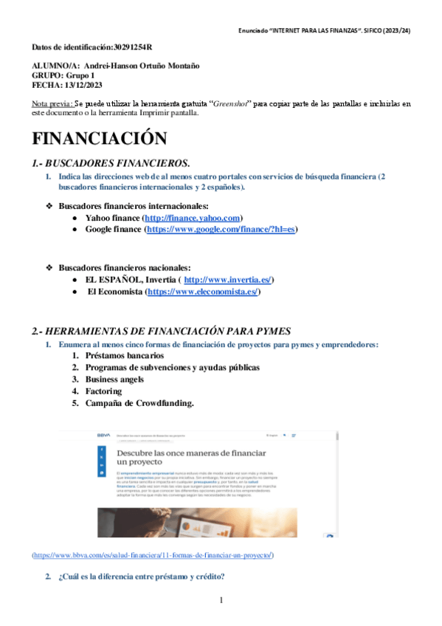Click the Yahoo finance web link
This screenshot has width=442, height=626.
(193, 219)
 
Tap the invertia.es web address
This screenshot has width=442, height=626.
(228, 280)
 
